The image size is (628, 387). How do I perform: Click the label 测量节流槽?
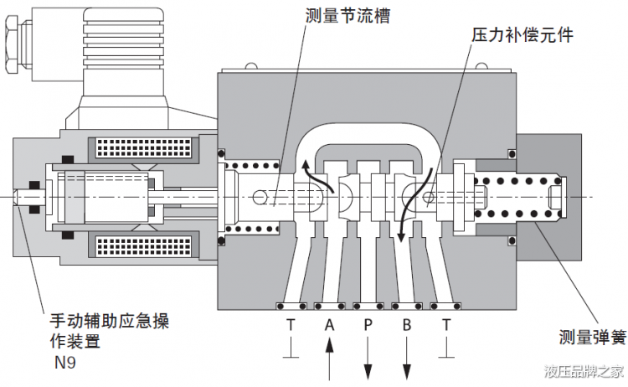click(x=348, y=16)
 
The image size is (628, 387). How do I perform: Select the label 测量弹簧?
click(x=592, y=338)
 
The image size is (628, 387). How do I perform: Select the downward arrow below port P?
click(x=367, y=361)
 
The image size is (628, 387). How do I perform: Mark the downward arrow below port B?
click(x=406, y=361)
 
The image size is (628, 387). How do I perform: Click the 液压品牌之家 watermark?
click(x=584, y=370)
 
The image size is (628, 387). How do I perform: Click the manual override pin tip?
click(x=18, y=198)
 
